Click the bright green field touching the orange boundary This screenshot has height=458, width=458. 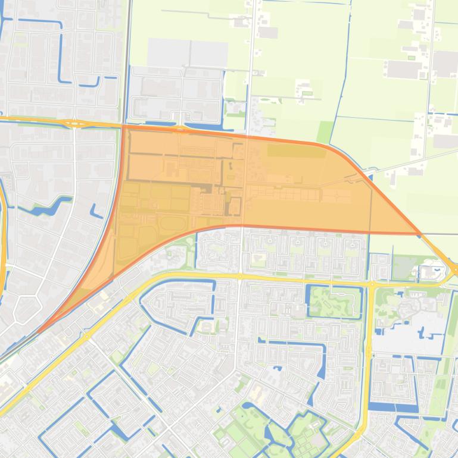[326, 132]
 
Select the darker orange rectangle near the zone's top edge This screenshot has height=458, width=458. [296, 151]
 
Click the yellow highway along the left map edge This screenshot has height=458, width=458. [3, 238]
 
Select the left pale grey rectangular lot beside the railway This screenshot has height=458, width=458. [168, 53]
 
